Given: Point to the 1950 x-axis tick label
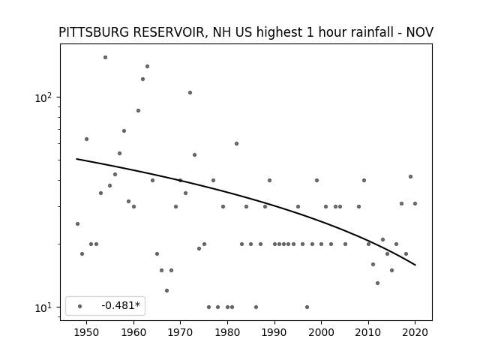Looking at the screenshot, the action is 87,332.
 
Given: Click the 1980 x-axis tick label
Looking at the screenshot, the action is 227,332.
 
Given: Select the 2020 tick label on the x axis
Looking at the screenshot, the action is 415,332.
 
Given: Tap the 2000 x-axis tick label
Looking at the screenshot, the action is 321,332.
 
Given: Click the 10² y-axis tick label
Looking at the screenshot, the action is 43,97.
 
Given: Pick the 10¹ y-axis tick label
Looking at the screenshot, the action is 43,307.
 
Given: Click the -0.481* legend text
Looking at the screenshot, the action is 121,305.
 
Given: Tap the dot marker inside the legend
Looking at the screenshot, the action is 80,307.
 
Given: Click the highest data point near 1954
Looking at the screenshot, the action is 105,58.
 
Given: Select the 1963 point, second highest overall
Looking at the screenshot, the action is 147,67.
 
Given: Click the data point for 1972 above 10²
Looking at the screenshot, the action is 190,93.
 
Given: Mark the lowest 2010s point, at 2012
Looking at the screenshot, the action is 377,283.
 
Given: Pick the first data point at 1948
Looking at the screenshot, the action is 77,224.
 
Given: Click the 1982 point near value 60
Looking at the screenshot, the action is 237,144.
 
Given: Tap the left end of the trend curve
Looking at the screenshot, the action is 76,159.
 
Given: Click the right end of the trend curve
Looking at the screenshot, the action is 415,265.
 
